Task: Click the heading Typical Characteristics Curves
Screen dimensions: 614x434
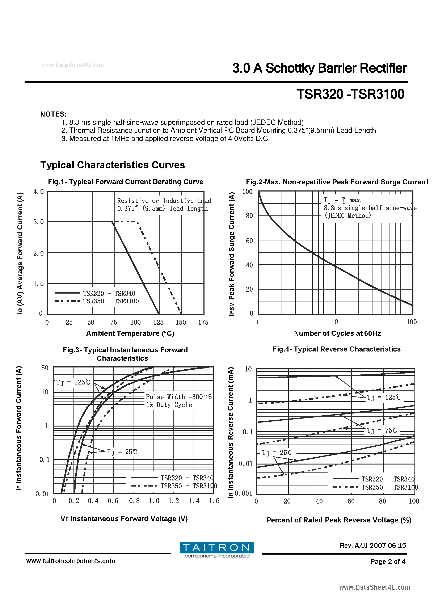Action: [x=113, y=165]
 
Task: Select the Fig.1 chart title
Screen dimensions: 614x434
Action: [x=125, y=182]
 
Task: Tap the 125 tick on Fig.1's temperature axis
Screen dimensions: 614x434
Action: [x=158, y=322]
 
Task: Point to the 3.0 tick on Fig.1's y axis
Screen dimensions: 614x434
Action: [x=38, y=222]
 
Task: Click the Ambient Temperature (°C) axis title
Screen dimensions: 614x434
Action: [x=130, y=333]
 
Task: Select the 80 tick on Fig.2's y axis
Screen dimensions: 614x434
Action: [x=249, y=215]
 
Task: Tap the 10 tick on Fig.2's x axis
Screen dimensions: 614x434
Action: [x=334, y=322]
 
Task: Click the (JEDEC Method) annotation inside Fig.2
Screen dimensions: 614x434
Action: [x=348, y=215]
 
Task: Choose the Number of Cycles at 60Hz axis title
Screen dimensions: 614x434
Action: [x=337, y=333]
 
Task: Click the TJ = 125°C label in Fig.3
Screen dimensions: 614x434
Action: [x=73, y=382]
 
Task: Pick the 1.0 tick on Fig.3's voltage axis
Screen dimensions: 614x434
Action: [x=154, y=501]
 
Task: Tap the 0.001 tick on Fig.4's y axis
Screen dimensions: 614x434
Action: [x=243, y=493]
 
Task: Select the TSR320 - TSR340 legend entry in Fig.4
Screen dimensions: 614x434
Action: [x=388, y=479]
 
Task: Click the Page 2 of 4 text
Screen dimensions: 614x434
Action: [x=388, y=561]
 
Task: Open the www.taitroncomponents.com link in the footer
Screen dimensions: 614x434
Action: [x=71, y=561]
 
